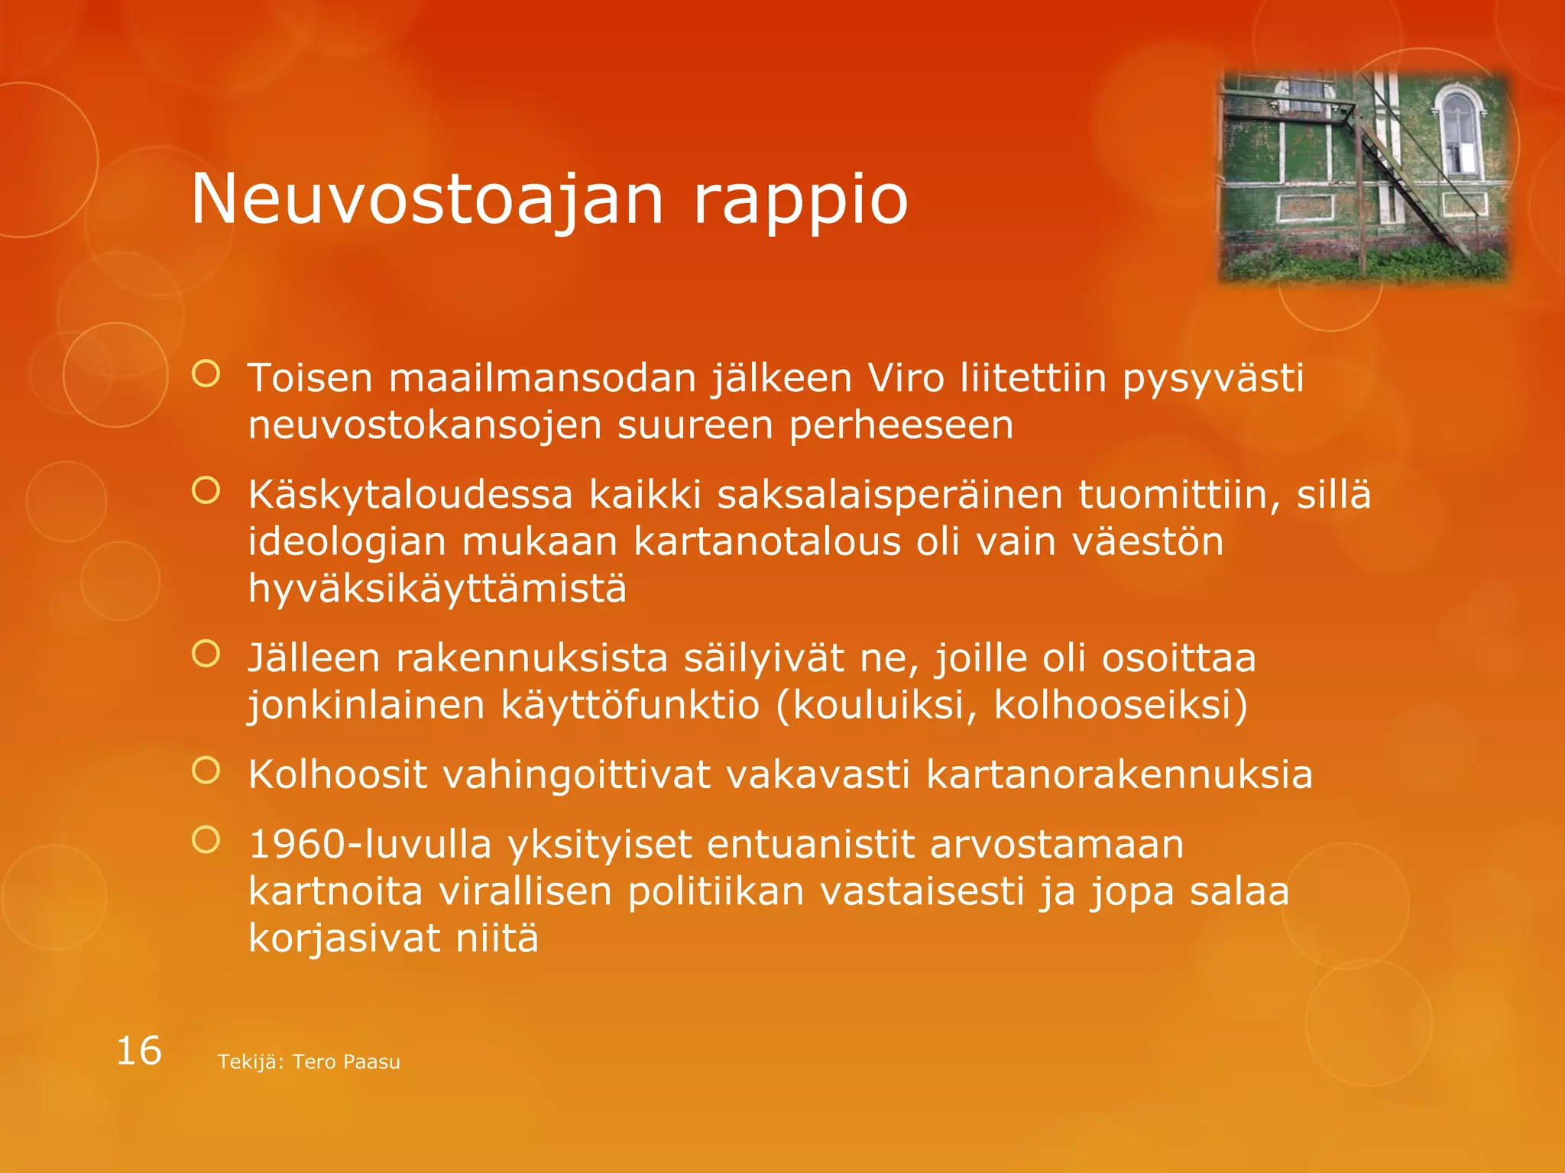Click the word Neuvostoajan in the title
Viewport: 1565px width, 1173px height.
(x=426, y=199)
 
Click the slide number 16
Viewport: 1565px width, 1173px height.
(x=138, y=1051)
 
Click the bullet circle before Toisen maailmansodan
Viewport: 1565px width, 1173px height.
(x=206, y=374)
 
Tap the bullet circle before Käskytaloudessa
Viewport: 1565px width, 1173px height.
(x=206, y=491)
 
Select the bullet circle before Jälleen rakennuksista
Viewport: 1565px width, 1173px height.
(x=206, y=654)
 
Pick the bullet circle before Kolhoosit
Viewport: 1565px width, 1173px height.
(x=206, y=771)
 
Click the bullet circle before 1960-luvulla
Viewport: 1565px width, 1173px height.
(x=206, y=840)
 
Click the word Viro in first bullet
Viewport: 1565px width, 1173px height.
(x=906, y=377)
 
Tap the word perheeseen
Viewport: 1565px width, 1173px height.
(x=901, y=425)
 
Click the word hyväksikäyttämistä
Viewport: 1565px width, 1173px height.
(x=437, y=589)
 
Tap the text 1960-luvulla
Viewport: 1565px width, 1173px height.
(x=370, y=845)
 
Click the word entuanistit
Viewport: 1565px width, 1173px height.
(x=810, y=845)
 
